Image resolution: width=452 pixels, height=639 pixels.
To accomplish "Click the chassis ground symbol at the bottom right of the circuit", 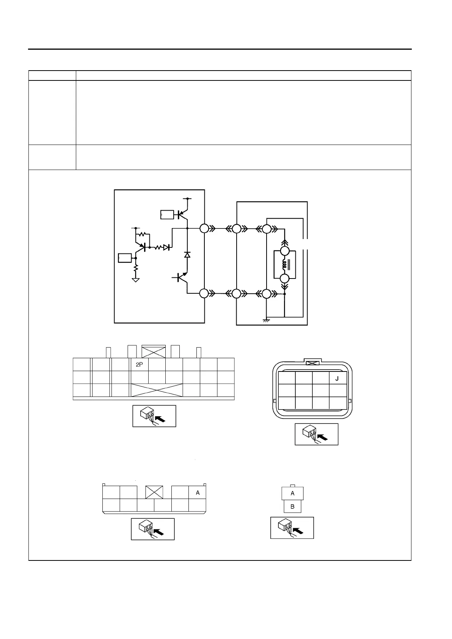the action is pyautogui.click(x=266, y=320).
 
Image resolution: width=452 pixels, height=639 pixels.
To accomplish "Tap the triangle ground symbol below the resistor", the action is pyautogui.click(x=135, y=280).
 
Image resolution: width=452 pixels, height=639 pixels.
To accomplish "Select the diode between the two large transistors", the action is pyautogui.click(x=187, y=255).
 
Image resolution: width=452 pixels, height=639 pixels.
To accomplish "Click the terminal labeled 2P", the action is pyautogui.click(x=139, y=365).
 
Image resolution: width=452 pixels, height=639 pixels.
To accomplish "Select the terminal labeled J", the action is pyautogui.click(x=338, y=378).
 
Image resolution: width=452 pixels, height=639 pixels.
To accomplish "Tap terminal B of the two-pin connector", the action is pyautogui.click(x=292, y=507).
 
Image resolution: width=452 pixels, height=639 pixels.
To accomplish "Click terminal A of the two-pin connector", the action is pyautogui.click(x=292, y=493).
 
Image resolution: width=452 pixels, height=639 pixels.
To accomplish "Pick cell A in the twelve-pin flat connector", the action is pyautogui.click(x=198, y=493).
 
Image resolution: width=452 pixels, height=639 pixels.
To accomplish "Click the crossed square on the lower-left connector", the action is pyautogui.click(x=154, y=493).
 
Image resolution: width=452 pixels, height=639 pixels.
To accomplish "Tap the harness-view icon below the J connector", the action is pyautogui.click(x=316, y=434).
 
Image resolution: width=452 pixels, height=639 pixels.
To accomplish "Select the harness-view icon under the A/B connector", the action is pyautogui.click(x=292, y=527).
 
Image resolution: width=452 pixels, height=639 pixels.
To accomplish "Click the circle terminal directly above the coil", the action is pyautogui.click(x=284, y=251).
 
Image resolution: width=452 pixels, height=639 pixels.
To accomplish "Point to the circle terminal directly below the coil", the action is pyautogui.click(x=284, y=279).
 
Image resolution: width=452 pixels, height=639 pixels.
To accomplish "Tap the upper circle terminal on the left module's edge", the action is pyautogui.click(x=204, y=228).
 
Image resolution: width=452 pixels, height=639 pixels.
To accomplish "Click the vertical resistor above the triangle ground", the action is pyautogui.click(x=135, y=268).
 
